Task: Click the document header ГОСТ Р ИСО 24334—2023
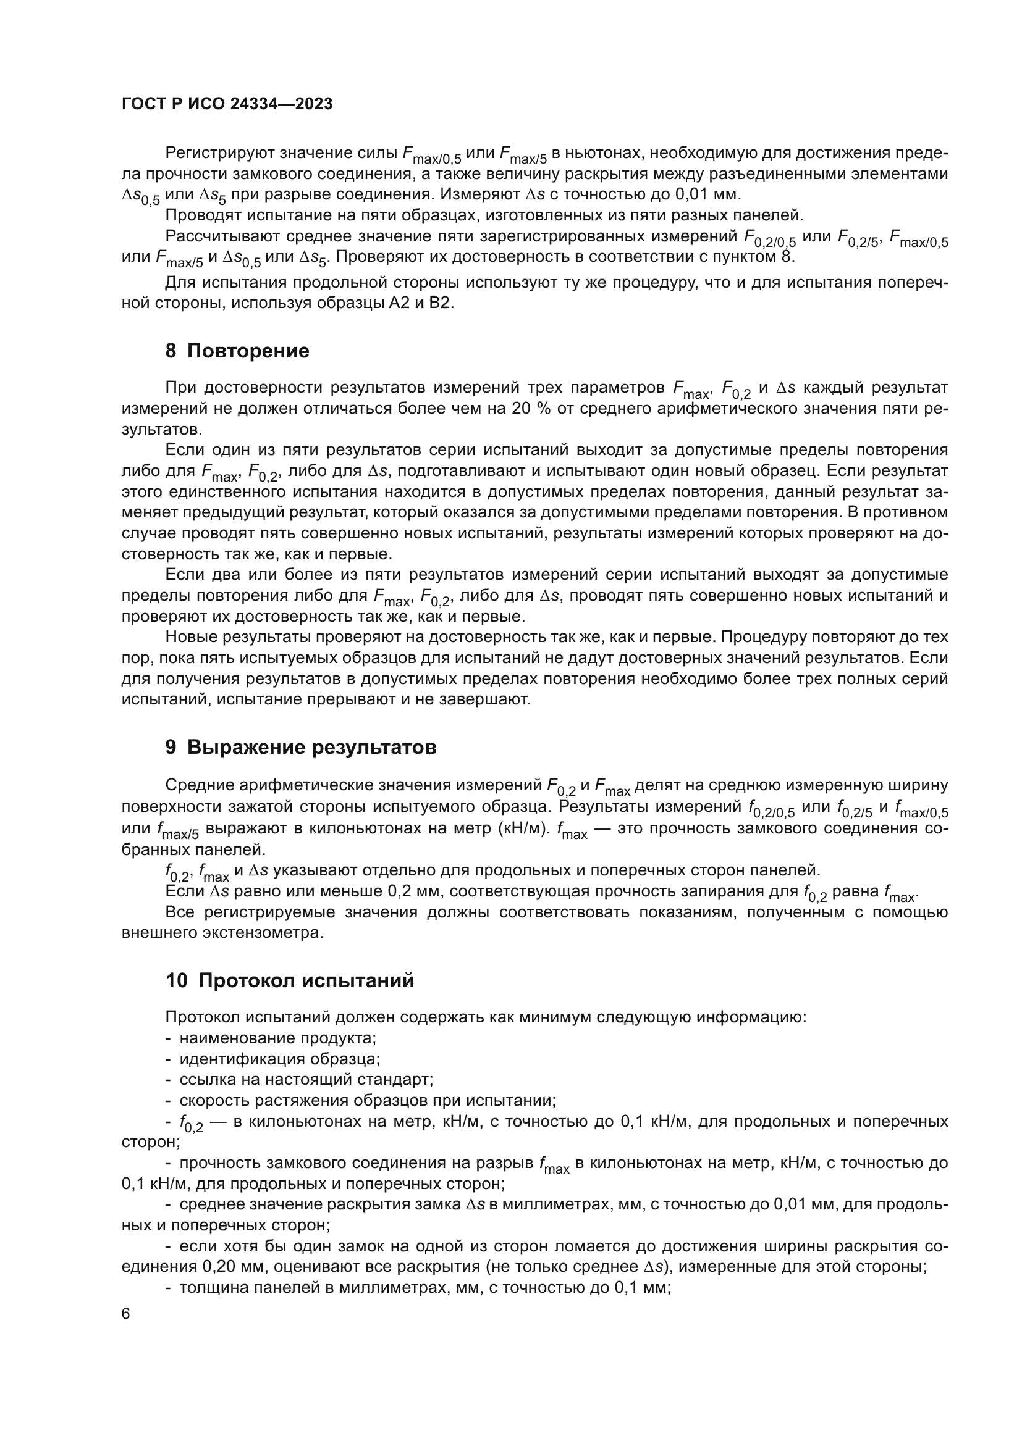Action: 227,104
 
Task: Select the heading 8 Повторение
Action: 237,351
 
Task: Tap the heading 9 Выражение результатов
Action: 301,747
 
